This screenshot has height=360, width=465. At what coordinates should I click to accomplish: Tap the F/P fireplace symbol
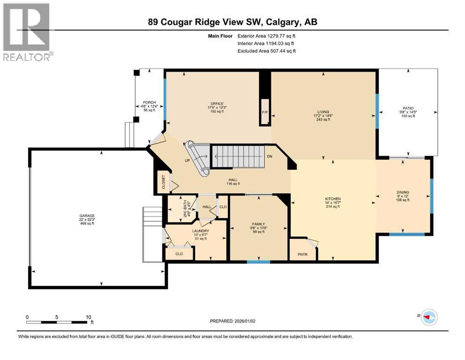coord(265,112)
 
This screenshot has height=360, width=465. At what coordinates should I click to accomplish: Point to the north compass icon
coord(428,317)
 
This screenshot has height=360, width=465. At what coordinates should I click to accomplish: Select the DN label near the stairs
coord(269,156)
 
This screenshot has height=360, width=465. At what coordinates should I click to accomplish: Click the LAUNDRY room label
coord(200,231)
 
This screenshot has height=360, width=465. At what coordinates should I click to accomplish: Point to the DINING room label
coord(402,192)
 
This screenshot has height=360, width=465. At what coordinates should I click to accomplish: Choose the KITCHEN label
coord(332,199)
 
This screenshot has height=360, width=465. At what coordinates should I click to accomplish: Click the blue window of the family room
coord(258,262)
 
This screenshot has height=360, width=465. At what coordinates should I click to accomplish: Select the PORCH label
coord(148,102)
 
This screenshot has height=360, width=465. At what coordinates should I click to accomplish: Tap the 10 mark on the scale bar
coord(89,317)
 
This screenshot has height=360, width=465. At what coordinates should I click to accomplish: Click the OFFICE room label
coord(217,104)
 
